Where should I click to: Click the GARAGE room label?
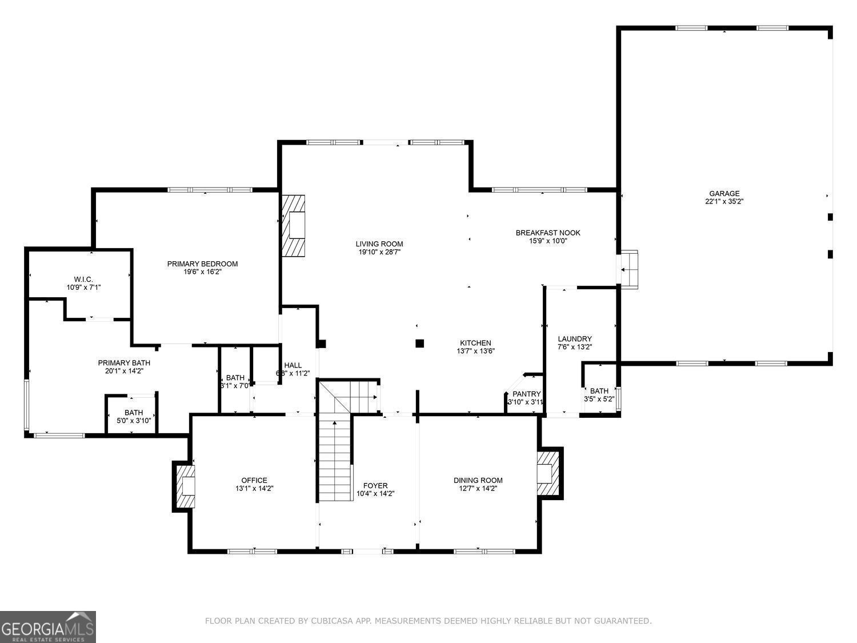[724, 194]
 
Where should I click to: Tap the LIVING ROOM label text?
[379, 244]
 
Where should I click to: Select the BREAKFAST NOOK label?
[547, 233]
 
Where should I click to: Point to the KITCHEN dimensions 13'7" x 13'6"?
[475, 352]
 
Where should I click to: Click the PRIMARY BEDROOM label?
[202, 264]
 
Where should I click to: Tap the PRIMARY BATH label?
[124, 363]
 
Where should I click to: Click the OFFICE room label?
[254, 481]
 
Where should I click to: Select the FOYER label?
[375, 486]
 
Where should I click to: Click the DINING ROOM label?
[478, 481]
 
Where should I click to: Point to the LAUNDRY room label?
[574, 339]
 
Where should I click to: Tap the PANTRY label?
[526, 394]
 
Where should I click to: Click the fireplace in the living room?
[294, 226]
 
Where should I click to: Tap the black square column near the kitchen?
[420, 344]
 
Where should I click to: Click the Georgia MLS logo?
[47, 627]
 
